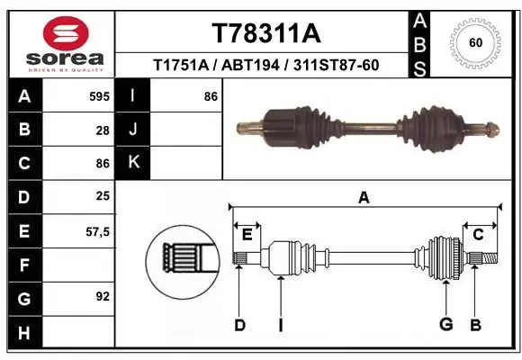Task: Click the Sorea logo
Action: coord(58,42)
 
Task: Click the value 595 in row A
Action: coord(98,95)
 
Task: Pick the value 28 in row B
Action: coord(102,130)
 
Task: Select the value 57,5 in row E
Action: coord(96,231)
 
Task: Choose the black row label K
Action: coord(133,163)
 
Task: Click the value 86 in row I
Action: coord(211,95)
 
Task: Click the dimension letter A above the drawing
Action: coord(364,197)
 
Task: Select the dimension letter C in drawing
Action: coord(479,233)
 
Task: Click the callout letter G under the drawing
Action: coord(445,325)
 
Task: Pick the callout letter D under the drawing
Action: coord(239,325)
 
